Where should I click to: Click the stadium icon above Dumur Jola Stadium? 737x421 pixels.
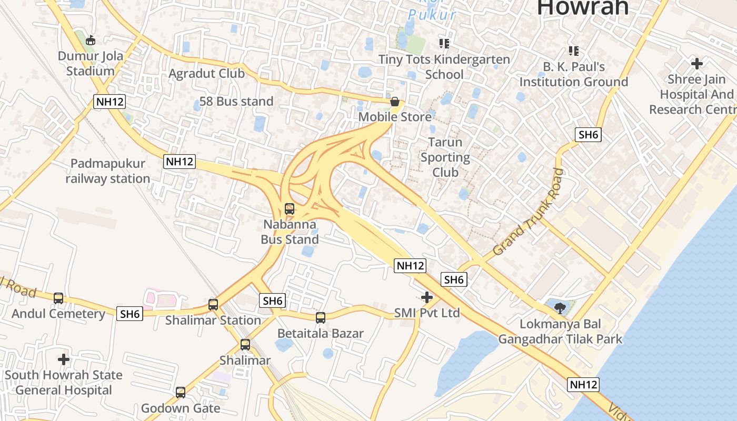point(91,40)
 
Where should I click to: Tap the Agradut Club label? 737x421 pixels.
point(206,74)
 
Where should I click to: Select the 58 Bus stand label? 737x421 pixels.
point(236,102)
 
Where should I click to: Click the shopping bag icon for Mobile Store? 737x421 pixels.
point(395,102)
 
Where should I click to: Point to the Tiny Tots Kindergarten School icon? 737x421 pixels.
point(444,43)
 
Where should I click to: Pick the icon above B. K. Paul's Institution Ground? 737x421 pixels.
point(574,51)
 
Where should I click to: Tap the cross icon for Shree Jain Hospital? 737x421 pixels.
point(697,64)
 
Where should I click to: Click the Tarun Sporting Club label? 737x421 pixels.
point(445,157)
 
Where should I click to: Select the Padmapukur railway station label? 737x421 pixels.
point(108,171)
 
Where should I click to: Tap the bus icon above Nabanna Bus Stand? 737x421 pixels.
point(290,209)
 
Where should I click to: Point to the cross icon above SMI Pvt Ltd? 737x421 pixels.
point(427,298)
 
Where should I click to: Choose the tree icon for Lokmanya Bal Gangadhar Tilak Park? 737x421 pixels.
point(560,308)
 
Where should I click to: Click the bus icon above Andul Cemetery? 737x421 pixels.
point(58,298)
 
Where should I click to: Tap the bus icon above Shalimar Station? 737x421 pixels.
point(213,305)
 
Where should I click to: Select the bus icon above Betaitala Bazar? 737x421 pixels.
point(321,318)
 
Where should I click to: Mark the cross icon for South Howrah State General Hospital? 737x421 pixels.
point(64,360)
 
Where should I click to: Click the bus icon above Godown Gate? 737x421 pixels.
point(181,393)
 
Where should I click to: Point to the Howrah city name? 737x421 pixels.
point(583,7)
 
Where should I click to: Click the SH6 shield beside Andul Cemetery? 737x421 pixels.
point(130,314)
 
